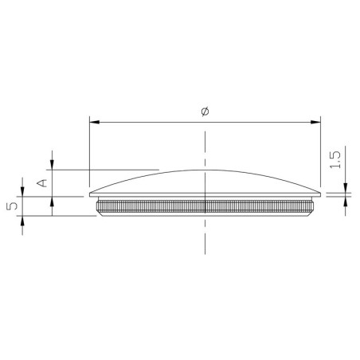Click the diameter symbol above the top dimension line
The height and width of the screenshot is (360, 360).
[x=205, y=114]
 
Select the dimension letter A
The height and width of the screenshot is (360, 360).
[x=43, y=182]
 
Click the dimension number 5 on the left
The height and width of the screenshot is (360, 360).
[x=11, y=206]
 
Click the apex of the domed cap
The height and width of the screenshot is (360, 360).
[x=205, y=170]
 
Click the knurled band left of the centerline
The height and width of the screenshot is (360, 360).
[x=151, y=207]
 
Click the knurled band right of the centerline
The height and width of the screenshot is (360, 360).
[x=259, y=207]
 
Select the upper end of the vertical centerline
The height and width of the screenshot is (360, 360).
[x=205, y=130]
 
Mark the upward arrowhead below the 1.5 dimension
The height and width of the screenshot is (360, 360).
[x=345, y=201]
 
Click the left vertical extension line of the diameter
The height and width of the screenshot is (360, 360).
[x=89, y=151]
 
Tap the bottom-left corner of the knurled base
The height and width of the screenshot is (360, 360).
[x=99, y=217]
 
